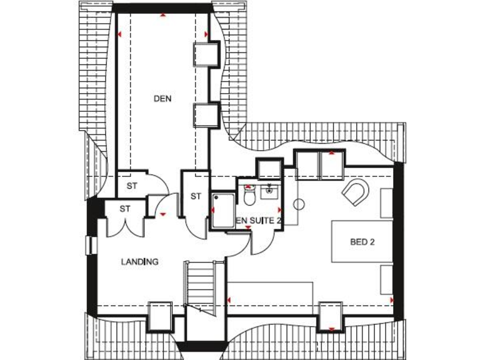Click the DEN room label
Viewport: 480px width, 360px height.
(x=162, y=98)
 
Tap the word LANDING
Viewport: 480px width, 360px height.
(x=139, y=262)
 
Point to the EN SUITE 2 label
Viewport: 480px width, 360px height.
(x=259, y=221)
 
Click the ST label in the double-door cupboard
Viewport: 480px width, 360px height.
(x=124, y=208)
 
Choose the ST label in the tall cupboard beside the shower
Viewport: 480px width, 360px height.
(x=196, y=196)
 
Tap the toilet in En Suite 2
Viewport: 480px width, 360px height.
(x=250, y=196)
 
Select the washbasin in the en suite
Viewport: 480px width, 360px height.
(x=270, y=190)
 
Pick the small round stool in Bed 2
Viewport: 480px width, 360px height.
(x=299, y=203)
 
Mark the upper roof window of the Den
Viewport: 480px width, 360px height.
(x=204, y=54)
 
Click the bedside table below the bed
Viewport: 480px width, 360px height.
(x=386, y=279)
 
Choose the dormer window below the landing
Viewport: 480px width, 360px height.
(x=159, y=317)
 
